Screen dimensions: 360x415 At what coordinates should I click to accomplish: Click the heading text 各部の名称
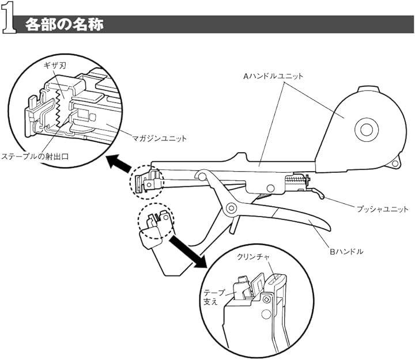[63, 25]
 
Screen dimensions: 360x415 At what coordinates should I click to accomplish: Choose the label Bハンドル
[353, 251]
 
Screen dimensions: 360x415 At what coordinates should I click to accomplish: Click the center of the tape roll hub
[364, 130]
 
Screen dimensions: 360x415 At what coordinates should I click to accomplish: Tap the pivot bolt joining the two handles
[232, 207]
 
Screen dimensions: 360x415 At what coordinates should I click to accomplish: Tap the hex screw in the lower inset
[266, 298]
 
